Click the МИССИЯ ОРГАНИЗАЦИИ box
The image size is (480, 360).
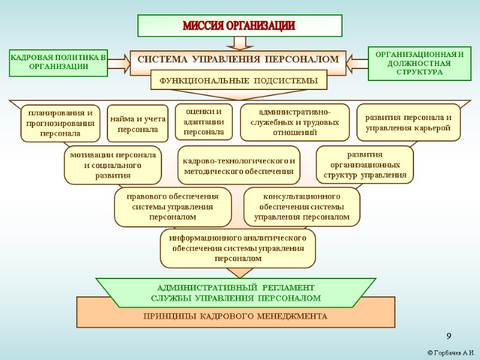(239, 26)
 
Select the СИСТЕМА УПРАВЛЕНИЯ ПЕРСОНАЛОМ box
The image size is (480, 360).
(238, 60)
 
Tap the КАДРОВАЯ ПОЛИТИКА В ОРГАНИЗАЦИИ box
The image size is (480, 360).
(58, 62)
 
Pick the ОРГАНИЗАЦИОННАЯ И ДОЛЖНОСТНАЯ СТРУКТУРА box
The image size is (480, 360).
(419, 63)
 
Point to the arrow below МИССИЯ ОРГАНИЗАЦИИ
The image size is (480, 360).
(239, 43)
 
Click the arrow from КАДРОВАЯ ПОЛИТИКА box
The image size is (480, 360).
(120, 62)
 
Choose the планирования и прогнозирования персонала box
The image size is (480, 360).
(60, 123)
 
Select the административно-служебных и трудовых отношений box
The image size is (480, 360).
(295, 122)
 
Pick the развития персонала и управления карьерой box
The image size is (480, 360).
(408, 122)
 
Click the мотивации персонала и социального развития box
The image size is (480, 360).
(113, 165)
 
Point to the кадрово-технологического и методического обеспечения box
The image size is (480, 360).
(239, 165)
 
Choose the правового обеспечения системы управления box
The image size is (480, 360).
(173, 206)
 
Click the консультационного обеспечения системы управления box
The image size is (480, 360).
(301, 206)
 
